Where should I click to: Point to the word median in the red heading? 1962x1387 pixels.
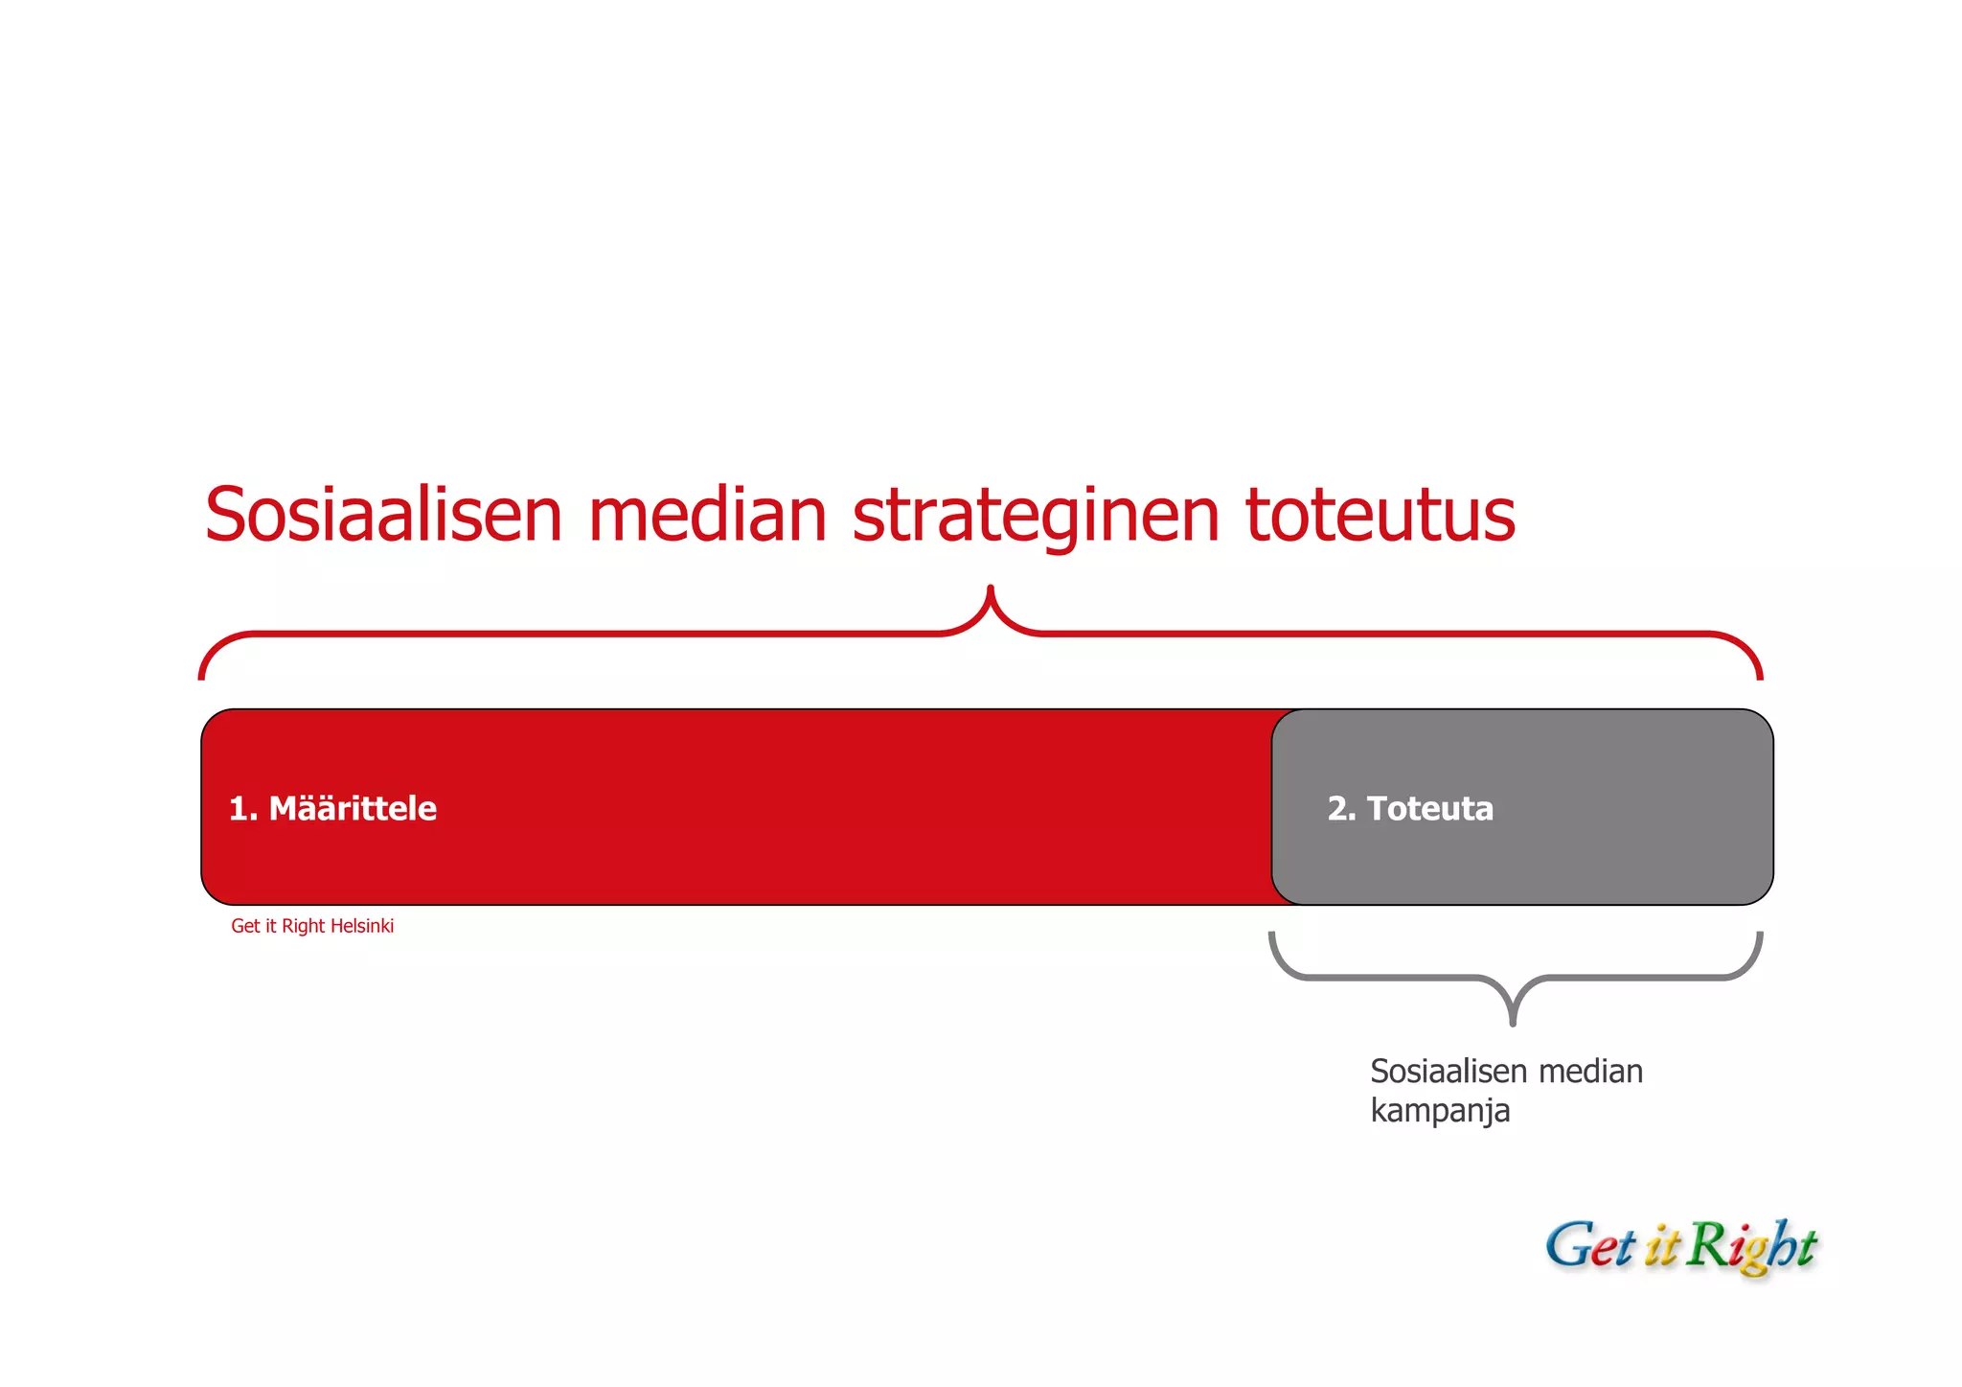click(707, 515)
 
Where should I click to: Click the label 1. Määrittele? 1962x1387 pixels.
click(332, 808)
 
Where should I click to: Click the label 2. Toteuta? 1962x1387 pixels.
click(1410, 808)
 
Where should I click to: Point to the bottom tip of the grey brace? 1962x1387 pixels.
click(1513, 1022)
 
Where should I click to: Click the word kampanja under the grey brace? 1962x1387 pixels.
click(1439, 1111)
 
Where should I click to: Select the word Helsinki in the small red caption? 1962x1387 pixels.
click(361, 926)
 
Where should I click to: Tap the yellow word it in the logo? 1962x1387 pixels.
click(1662, 1247)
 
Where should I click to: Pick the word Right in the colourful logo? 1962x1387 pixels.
click(1750, 1246)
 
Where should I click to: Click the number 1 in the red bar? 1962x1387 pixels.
click(238, 808)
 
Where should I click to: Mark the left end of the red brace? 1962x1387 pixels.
click(201, 675)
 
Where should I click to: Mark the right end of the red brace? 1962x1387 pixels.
click(1760, 675)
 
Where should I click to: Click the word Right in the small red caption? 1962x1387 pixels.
click(303, 926)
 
